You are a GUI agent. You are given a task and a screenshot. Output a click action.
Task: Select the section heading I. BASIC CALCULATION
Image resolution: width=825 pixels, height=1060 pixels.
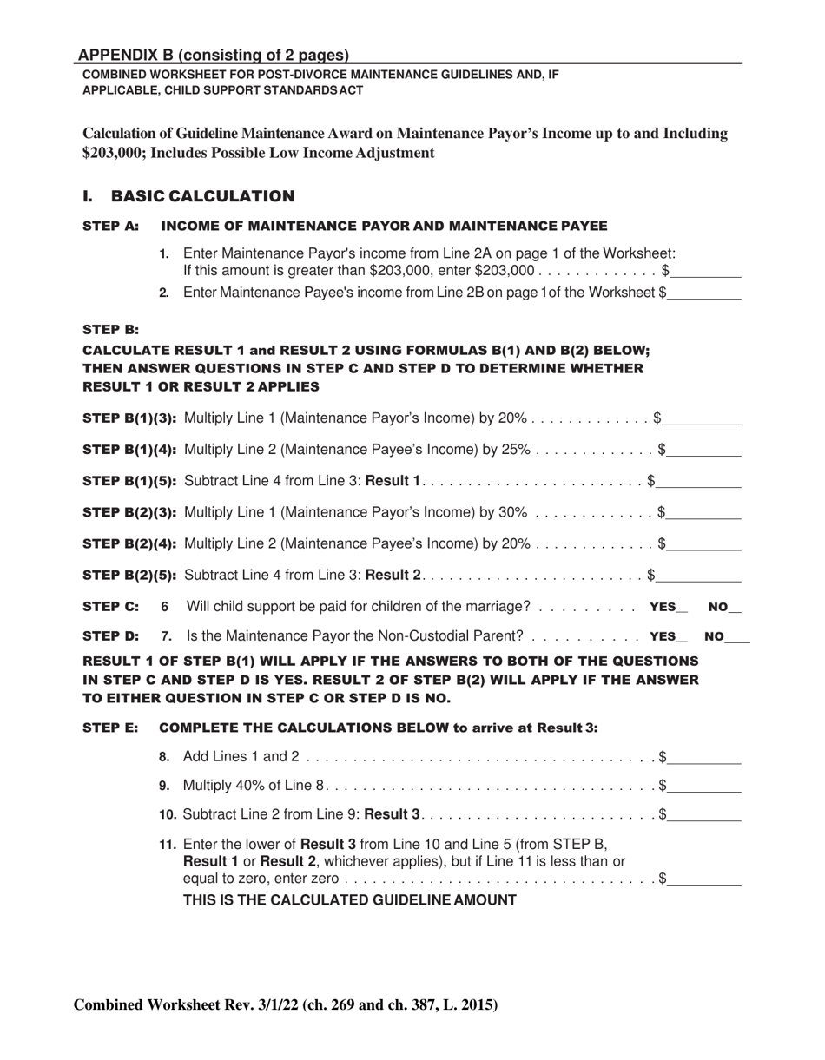(188, 196)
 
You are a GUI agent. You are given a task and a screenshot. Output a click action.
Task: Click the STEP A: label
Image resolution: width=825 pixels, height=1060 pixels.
(110, 227)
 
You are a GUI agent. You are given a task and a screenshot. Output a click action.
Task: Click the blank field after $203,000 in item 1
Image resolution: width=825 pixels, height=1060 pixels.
(706, 273)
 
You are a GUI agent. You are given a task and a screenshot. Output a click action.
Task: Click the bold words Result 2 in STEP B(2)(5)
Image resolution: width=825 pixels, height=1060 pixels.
(393, 575)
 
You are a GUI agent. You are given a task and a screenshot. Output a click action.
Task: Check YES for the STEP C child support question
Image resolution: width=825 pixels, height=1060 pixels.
(682, 608)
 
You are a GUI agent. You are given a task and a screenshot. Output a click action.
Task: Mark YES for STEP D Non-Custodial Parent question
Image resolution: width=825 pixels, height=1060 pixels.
(682, 637)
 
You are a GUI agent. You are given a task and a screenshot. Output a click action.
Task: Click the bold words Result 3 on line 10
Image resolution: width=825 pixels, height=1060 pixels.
(392, 814)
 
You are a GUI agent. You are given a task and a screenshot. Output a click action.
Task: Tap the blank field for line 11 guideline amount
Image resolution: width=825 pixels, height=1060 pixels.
(704, 880)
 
